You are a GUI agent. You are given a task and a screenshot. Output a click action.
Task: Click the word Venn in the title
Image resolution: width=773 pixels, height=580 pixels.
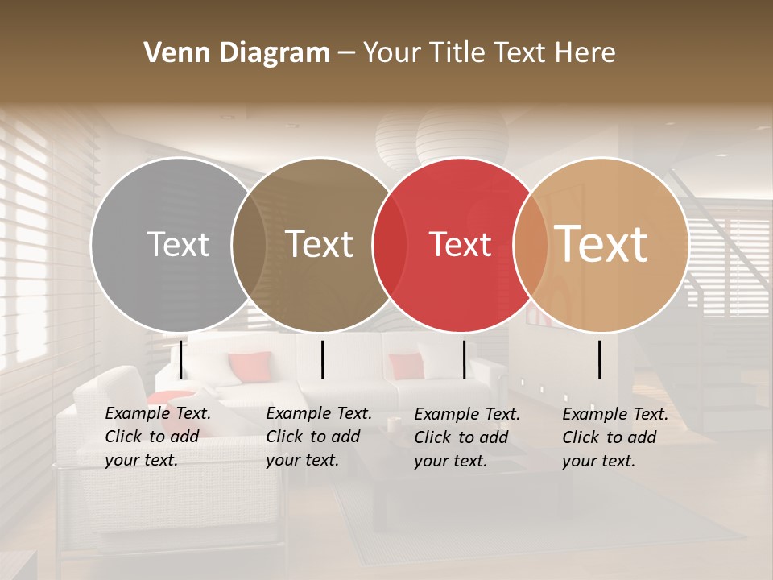click(x=172, y=53)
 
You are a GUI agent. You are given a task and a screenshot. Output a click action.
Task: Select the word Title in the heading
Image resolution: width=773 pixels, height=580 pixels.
click(x=457, y=53)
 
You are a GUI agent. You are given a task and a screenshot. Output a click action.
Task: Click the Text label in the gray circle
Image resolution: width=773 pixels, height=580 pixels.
click(x=178, y=244)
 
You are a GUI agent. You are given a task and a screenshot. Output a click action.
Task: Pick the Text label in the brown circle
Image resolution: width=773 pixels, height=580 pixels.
click(x=320, y=244)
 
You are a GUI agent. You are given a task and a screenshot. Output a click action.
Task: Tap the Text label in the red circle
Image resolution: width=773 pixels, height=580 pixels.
click(x=461, y=244)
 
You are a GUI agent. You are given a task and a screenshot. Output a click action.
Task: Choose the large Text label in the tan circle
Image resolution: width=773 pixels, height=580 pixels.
click(x=601, y=244)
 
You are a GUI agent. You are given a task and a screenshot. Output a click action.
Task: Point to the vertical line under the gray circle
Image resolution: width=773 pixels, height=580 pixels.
click(x=181, y=359)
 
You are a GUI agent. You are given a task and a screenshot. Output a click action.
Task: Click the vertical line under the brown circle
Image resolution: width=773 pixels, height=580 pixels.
click(x=322, y=359)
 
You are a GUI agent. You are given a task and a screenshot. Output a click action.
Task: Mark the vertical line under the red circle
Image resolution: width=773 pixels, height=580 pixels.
click(x=465, y=359)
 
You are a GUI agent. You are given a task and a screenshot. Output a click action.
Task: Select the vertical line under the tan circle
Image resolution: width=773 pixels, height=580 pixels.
click(x=600, y=359)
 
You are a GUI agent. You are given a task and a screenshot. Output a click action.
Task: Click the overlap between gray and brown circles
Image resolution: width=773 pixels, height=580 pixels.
click(x=249, y=244)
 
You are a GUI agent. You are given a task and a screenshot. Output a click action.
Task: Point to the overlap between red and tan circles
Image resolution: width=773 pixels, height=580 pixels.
click(x=529, y=244)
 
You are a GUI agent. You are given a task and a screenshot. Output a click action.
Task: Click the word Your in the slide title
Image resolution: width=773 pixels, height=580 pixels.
click(x=392, y=53)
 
